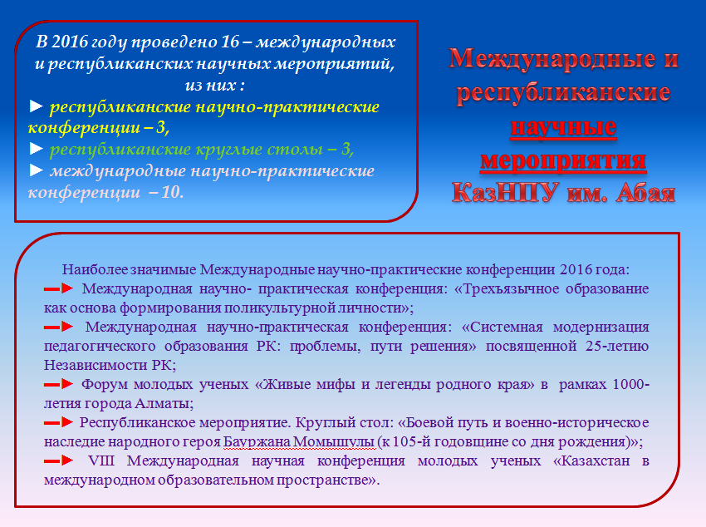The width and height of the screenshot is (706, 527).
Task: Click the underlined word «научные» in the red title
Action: tap(563, 127)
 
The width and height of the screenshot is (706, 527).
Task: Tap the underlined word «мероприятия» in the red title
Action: tap(563, 160)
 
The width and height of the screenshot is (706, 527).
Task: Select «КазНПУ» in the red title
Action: tap(505, 192)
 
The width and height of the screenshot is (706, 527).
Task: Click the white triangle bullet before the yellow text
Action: tap(36, 106)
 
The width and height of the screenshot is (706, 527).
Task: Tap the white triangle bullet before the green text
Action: tap(36, 148)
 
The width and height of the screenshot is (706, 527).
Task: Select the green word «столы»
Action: tap(295, 149)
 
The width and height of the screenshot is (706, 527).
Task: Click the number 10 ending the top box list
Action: tap(172, 192)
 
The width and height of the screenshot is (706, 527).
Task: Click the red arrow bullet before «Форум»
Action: tap(58, 384)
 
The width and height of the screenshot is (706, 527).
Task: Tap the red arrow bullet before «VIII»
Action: tap(58, 461)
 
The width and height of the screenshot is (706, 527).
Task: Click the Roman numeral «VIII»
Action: tap(101, 461)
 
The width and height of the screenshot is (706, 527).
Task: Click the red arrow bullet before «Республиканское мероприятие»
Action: tap(58, 422)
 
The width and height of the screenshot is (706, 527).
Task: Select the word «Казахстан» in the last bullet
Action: tap(591, 461)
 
